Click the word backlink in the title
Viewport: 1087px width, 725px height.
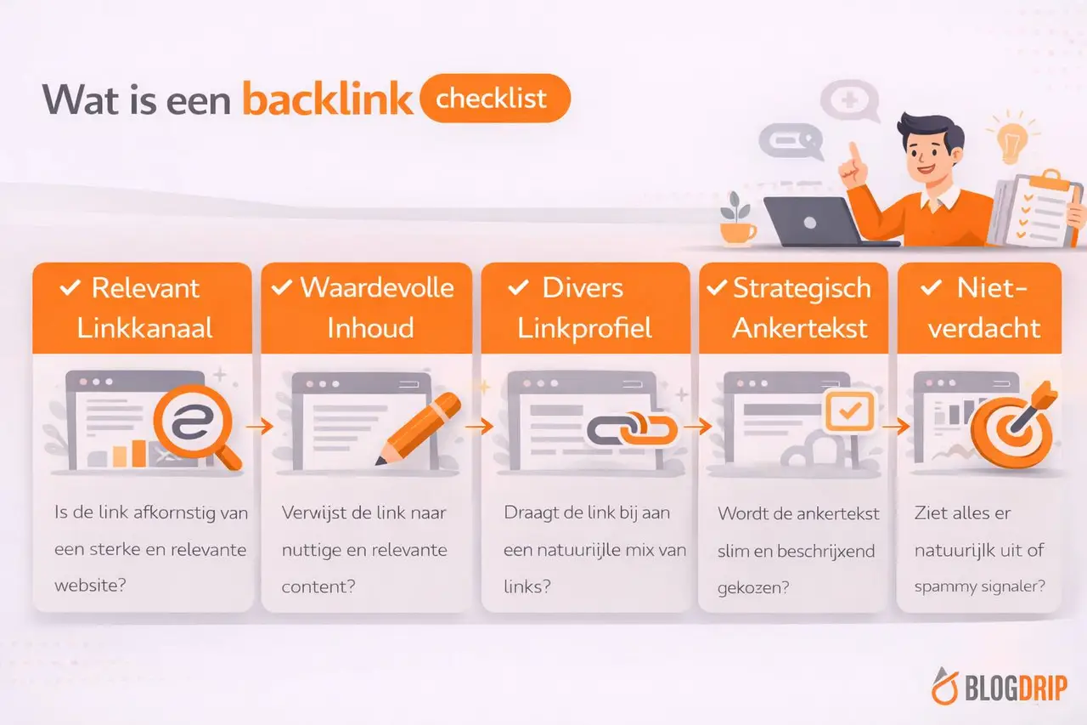click(x=327, y=99)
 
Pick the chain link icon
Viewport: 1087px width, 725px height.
click(x=632, y=429)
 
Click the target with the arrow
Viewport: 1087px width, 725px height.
click(x=1012, y=428)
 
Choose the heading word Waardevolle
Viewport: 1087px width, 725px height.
click(x=377, y=287)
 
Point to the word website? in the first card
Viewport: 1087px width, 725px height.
click(x=90, y=586)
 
